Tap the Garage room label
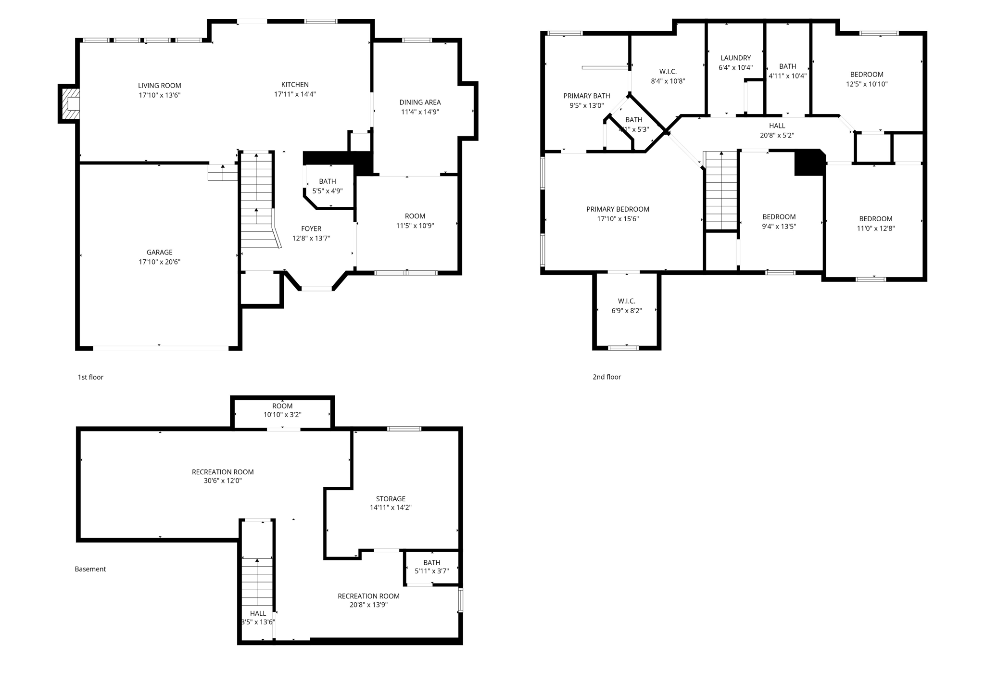(x=159, y=252)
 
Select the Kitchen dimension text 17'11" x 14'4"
(x=295, y=94)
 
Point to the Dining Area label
(x=420, y=102)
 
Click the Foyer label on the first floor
(x=311, y=228)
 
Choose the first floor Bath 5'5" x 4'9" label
(x=328, y=181)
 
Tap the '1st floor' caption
(x=90, y=377)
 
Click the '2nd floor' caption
(x=606, y=377)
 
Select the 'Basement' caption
(x=90, y=569)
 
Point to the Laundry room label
(x=735, y=58)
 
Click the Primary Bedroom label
(x=618, y=209)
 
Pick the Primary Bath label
(x=587, y=96)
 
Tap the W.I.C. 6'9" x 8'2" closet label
(x=627, y=301)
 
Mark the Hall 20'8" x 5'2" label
(x=777, y=126)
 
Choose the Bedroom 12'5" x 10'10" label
(x=867, y=75)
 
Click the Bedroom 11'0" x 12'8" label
(x=875, y=219)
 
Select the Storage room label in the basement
(x=391, y=499)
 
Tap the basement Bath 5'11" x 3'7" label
(x=432, y=562)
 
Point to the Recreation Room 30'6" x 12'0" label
(x=223, y=472)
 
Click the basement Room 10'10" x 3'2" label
(x=282, y=406)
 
